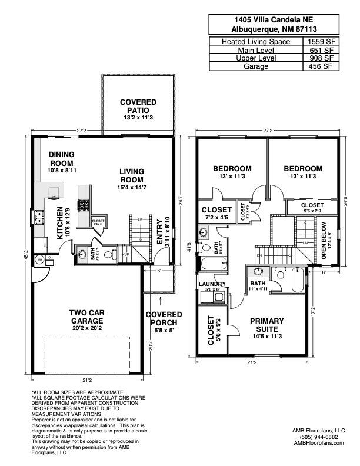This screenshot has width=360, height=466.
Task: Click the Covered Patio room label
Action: click(138, 106)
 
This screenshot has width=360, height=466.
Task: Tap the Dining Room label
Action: click(61, 159)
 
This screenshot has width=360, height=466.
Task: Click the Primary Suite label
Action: click(266, 325)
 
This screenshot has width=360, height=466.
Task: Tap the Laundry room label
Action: click(212, 284)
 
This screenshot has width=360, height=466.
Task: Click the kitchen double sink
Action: click(39, 218)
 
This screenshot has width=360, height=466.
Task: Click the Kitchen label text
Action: click(59, 223)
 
